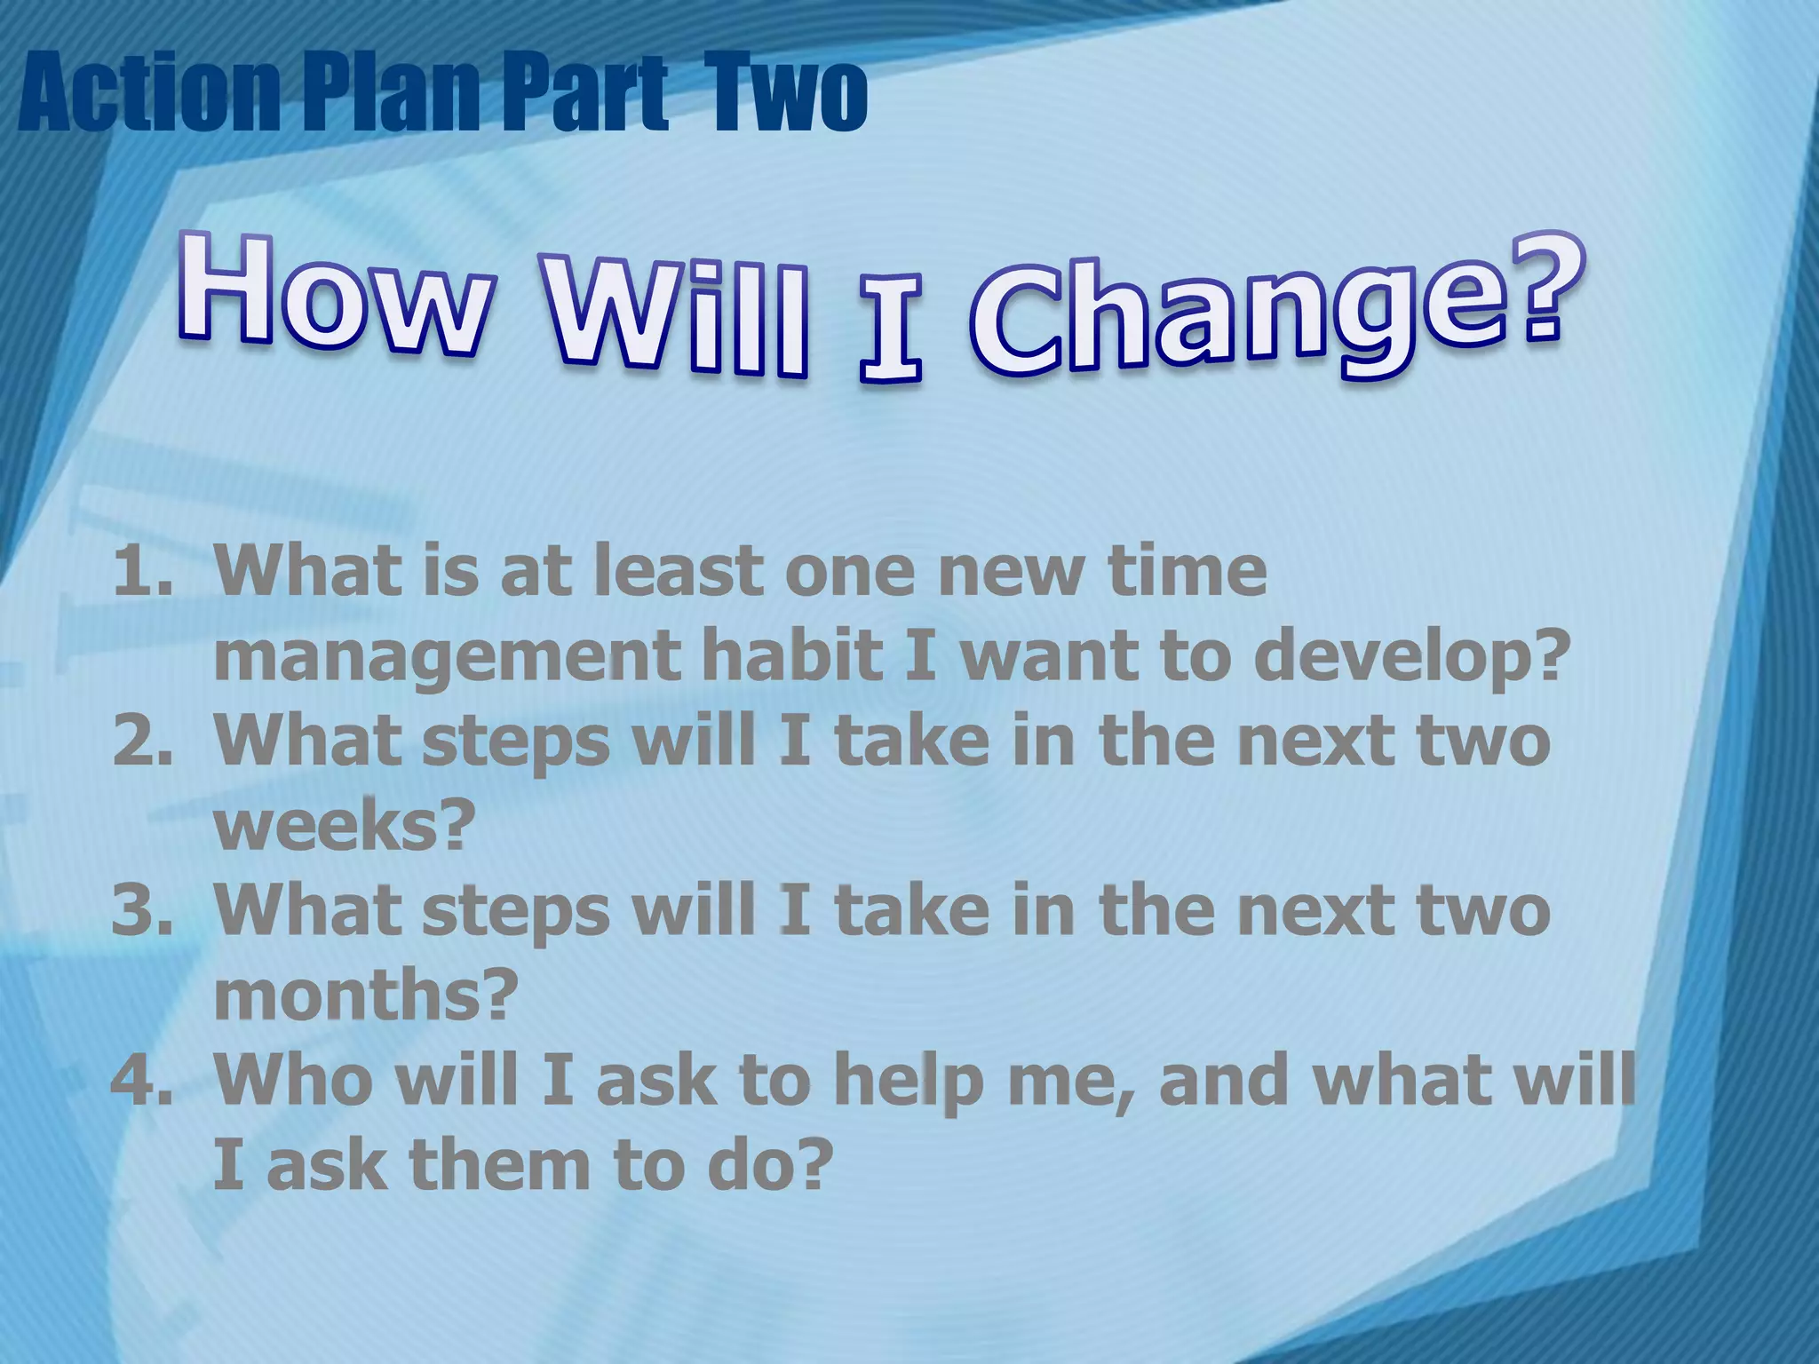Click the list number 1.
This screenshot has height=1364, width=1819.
(x=142, y=570)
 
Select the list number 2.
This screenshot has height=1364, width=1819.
(x=142, y=741)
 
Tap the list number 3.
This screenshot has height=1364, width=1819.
(x=142, y=910)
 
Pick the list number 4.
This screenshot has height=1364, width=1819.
(x=142, y=1079)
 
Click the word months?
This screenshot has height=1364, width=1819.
(x=364, y=995)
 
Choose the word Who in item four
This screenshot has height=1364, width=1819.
(x=294, y=1079)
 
